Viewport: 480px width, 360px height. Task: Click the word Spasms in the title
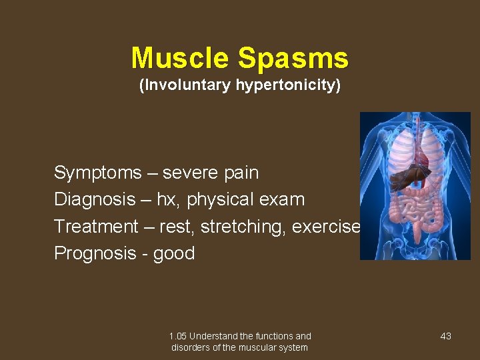(293, 58)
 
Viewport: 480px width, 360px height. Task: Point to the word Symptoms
(98, 173)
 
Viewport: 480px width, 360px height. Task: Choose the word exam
(283, 200)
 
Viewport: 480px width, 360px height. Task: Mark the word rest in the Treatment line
(177, 227)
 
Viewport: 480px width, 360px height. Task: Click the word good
(174, 254)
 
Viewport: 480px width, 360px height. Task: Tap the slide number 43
(446, 336)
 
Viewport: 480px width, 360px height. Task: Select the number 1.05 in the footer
(178, 336)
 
